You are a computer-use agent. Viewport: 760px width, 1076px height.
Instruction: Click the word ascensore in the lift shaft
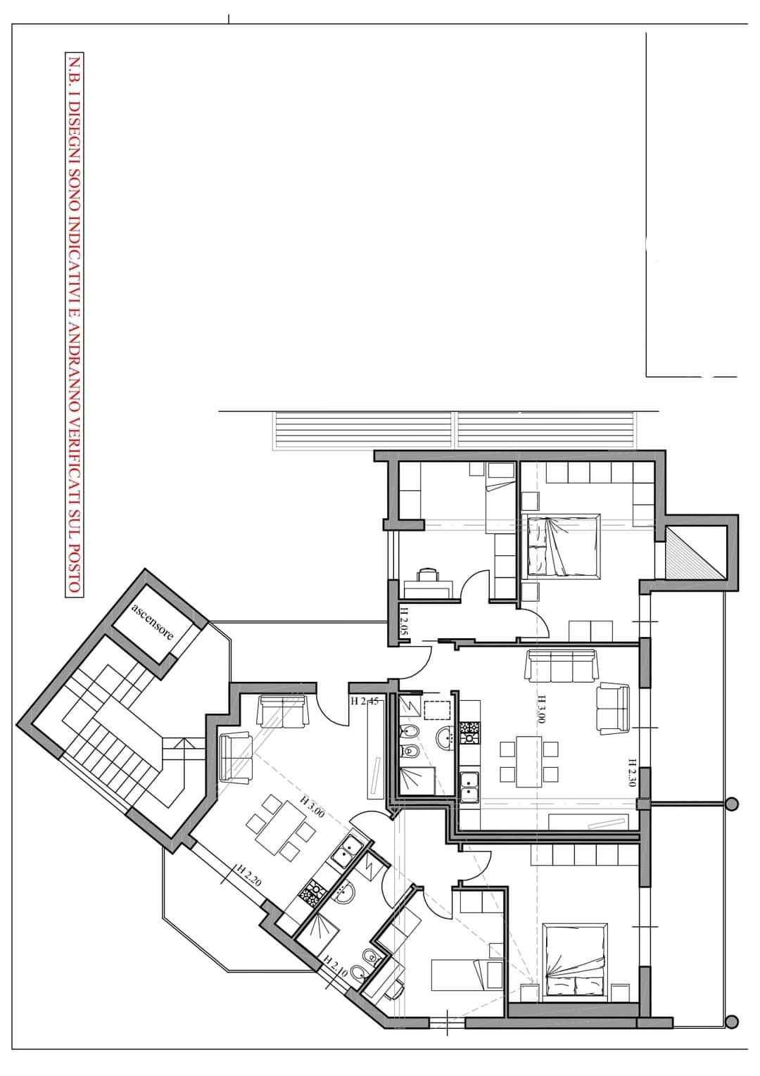(152, 621)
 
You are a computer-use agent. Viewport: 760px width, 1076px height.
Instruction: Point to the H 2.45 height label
(365, 702)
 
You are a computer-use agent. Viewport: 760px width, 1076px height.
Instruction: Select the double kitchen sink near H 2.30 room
(469, 787)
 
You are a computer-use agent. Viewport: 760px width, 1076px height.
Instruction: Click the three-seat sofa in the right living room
(562, 666)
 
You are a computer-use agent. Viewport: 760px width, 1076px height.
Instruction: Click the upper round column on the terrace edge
(732, 804)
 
